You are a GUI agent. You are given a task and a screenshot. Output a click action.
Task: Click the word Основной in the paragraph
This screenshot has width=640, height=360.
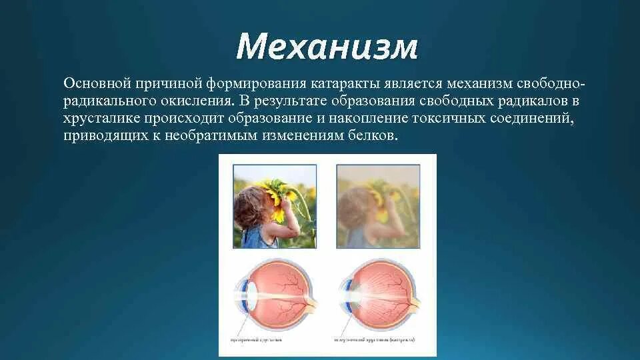pyautogui.click(x=96, y=84)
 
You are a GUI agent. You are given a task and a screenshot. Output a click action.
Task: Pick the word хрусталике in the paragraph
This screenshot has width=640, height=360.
pyautogui.click(x=96, y=119)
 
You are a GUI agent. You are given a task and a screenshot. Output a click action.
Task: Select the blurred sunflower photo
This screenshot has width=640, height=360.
pyautogui.click(x=377, y=207)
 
